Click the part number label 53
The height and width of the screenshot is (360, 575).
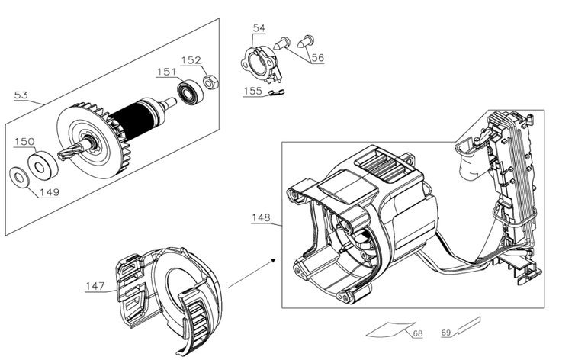(x=21, y=95)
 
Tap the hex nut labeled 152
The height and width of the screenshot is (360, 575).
(x=210, y=82)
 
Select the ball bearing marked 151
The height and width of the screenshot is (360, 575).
(x=190, y=92)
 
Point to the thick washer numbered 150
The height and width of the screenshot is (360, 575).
(x=43, y=166)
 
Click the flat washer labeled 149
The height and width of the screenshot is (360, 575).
(x=19, y=178)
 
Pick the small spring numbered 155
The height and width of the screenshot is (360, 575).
(x=276, y=94)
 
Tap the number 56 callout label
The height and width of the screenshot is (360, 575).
(x=318, y=57)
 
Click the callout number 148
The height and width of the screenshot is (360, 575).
(x=261, y=218)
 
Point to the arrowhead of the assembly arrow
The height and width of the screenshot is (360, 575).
(x=273, y=260)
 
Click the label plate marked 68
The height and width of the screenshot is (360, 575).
(x=391, y=329)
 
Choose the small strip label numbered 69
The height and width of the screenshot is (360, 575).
(x=469, y=325)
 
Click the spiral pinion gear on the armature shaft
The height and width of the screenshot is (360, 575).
(x=69, y=152)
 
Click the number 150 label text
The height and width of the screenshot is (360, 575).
(x=24, y=142)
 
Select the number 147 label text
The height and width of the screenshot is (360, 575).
(x=95, y=286)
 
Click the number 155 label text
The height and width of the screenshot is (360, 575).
(x=253, y=91)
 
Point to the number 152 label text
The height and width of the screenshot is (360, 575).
(x=191, y=60)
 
